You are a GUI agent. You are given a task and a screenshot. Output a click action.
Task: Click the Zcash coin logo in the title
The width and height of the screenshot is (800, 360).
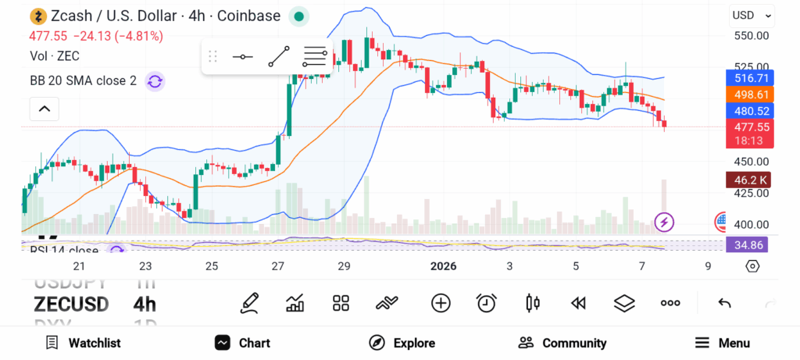coord(37,16)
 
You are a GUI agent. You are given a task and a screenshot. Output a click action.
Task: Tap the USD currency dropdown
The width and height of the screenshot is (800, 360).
coord(751,16)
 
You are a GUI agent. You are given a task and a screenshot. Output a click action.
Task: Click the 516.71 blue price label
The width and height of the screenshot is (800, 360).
coord(748,78)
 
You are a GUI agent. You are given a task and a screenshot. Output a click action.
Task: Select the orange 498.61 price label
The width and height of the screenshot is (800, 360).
coord(748,94)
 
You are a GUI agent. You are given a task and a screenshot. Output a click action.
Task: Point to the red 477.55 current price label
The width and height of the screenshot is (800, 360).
coord(748,127)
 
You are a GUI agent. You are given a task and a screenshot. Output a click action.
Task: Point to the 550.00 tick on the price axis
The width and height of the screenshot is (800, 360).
coord(751,36)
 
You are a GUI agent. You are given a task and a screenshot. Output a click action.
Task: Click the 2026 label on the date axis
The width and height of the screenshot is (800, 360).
coord(443,266)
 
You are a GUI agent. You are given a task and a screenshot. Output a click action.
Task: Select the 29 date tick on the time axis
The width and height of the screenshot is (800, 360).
coord(344,266)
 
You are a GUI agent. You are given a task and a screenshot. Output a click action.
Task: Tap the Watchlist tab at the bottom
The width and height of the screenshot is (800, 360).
coord(84,343)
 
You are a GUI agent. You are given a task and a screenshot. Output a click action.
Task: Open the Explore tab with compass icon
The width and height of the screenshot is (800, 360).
coord(402,343)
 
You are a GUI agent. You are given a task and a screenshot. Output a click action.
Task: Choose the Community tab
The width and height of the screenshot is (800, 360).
coord(562,343)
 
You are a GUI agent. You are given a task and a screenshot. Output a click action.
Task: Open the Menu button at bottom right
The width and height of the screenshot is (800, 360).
coord(723,343)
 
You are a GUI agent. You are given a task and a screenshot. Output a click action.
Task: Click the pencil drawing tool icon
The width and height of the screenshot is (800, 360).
coord(250,303)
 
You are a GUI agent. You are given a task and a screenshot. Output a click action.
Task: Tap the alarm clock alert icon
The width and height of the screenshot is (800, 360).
coord(487,303)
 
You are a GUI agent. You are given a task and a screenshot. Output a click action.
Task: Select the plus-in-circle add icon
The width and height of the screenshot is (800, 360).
coord(441,303)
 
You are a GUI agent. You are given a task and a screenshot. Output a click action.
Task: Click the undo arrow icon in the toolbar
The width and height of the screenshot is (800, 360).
coord(724,303)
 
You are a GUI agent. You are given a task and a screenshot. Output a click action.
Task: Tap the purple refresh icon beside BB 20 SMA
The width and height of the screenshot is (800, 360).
coord(155,80)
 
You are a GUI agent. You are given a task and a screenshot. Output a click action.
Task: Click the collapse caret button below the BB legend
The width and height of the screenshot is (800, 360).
coord(44,109)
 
